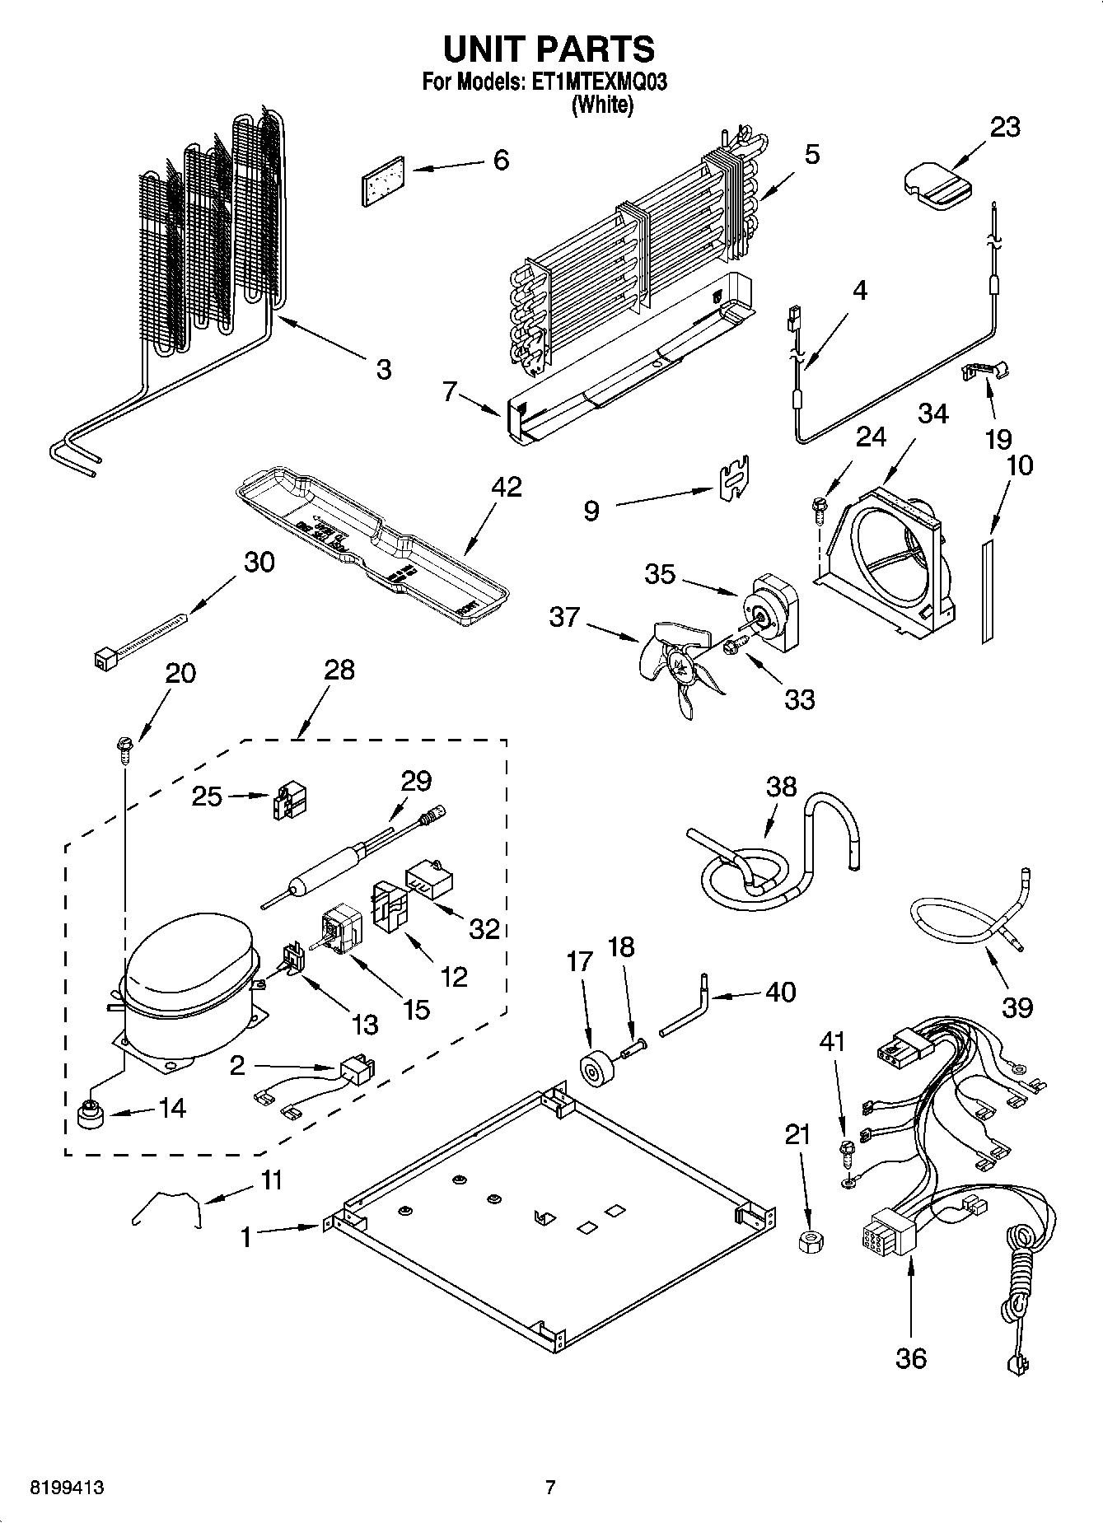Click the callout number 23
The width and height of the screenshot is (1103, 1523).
[1004, 128]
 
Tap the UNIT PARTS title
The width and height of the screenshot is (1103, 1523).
[549, 49]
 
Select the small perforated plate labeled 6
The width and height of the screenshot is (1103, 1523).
[384, 180]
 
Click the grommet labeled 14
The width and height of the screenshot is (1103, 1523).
[87, 1115]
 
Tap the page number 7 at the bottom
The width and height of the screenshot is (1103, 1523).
[550, 1488]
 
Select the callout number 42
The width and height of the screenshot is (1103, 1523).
[507, 487]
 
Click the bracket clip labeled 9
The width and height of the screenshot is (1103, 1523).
[732, 478]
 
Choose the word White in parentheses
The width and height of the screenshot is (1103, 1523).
[603, 105]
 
